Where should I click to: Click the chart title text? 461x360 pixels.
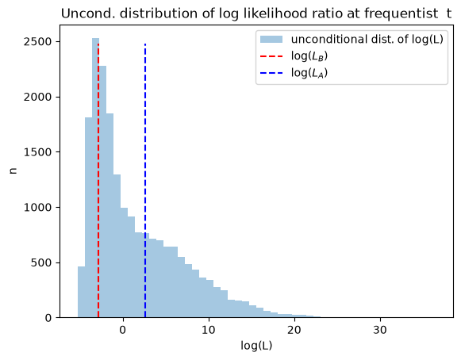pyautogui.click(x=256, y=13)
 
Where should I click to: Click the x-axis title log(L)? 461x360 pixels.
pyautogui.click(x=256, y=346)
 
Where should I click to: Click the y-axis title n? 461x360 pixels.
pyautogui.click(x=13, y=170)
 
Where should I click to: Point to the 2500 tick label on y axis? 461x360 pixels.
pyautogui.click(x=37, y=42)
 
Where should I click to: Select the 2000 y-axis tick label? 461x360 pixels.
pyautogui.click(x=37, y=97)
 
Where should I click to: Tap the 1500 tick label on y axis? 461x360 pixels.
pyautogui.click(x=37, y=152)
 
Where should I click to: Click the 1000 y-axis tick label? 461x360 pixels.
pyautogui.click(x=37, y=208)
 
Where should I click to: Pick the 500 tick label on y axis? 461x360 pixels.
pyautogui.click(x=41, y=262)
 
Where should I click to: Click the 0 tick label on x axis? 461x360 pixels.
pyautogui.click(x=123, y=330)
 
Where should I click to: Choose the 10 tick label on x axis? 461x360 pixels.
pyautogui.click(x=209, y=330)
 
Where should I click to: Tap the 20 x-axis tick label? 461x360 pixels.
pyautogui.click(x=294, y=330)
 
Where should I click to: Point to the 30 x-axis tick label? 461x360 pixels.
pyautogui.click(x=380, y=330)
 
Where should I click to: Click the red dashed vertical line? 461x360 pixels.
pyautogui.click(x=98, y=181)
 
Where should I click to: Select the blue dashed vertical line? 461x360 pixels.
pyautogui.click(x=145, y=181)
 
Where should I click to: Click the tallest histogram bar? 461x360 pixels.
pyautogui.click(x=95, y=178)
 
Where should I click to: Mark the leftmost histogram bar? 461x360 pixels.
pyautogui.click(x=82, y=292)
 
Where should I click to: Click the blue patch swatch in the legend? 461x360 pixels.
pyautogui.click(x=271, y=40)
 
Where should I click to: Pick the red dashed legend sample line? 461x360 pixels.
pyautogui.click(x=271, y=56)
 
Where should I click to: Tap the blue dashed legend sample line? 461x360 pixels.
pyautogui.click(x=271, y=73)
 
